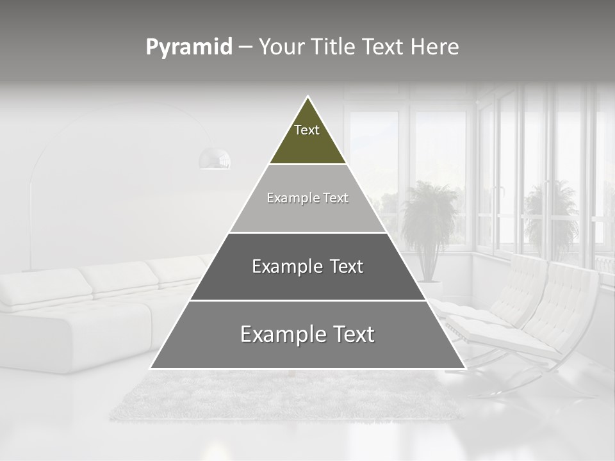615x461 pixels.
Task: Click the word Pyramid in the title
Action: pos(188,47)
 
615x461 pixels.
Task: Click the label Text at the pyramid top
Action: pos(307,130)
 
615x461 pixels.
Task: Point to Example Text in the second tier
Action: pos(307,198)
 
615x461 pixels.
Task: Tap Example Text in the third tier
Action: pos(307,266)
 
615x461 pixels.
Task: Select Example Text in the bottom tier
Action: pos(307,334)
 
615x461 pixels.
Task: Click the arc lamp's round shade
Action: pos(215,159)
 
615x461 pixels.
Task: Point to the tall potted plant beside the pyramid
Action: pos(428,218)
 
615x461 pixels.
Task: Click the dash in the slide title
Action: pos(245,47)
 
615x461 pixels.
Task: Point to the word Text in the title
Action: pos(383,47)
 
